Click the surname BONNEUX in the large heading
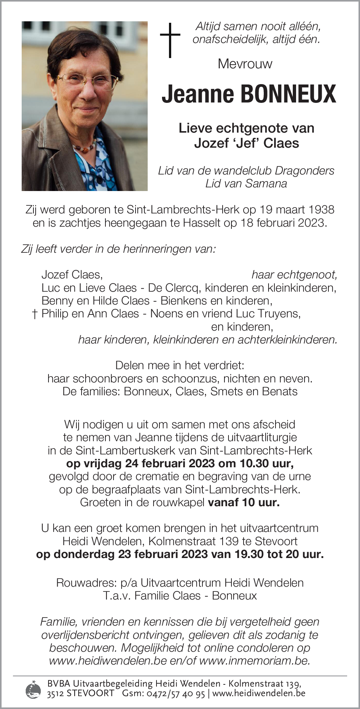(288, 94)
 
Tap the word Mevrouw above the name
(245, 64)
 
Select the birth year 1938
(321, 209)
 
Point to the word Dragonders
(305, 171)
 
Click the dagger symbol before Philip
(35, 314)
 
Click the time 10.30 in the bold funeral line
(254, 463)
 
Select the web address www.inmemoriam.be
(255, 661)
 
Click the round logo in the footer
(33, 689)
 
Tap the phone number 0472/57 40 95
(176, 693)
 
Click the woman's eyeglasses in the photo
(88, 79)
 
